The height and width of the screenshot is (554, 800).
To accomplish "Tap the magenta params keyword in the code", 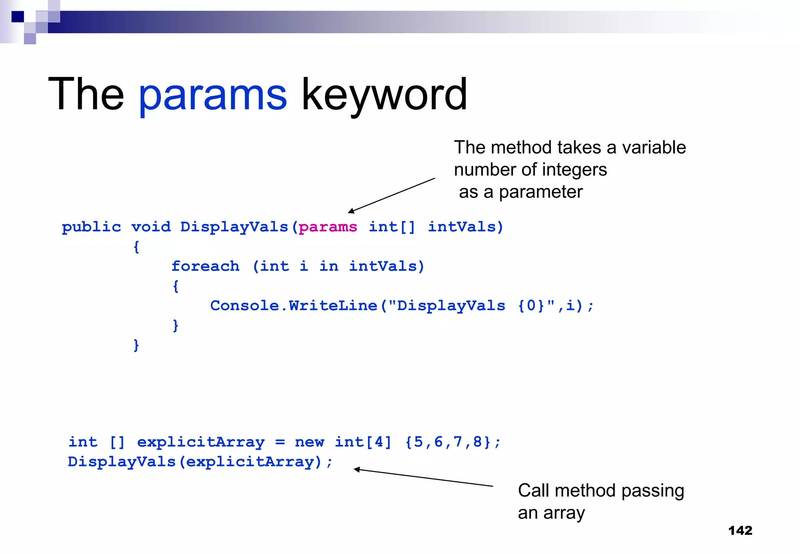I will click(328, 227).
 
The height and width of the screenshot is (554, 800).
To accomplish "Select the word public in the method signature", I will click(91, 227).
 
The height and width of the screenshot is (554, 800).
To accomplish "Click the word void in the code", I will click(151, 227).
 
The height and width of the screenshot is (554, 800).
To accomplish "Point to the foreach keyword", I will click(205, 266).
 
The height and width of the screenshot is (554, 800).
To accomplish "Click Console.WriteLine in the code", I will click(294, 306).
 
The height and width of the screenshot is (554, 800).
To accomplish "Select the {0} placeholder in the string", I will click(530, 306).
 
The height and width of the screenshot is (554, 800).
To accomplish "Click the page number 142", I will click(740, 531).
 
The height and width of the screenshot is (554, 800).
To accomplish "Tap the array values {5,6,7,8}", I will click(448, 442).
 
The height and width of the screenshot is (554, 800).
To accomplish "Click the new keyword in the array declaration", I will click(309, 442).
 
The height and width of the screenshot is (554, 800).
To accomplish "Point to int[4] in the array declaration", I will click(363, 442).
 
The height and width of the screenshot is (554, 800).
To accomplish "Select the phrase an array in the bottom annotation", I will click(551, 513).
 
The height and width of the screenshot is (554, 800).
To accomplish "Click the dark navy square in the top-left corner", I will click(18, 16).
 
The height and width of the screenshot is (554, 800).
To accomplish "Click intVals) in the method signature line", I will click(466, 227).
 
